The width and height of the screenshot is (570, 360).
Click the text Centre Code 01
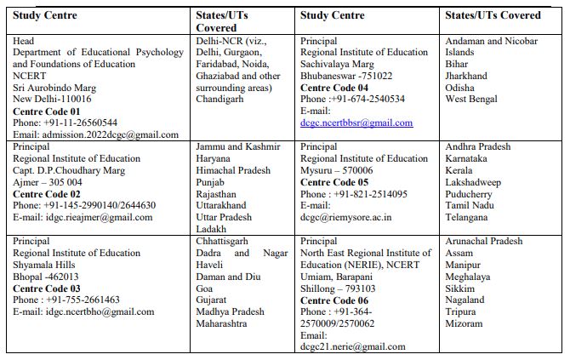click(x=47, y=111)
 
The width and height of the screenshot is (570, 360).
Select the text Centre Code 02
click(x=47, y=194)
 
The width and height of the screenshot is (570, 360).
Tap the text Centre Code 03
click(x=47, y=289)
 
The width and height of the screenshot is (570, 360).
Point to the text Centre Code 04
click(x=334, y=88)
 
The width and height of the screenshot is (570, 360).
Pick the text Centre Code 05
click(x=334, y=182)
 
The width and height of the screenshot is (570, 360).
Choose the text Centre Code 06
click(x=334, y=300)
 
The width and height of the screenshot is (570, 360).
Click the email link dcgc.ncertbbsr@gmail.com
click(x=356, y=123)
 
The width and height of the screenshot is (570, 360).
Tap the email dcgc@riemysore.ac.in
click(x=345, y=217)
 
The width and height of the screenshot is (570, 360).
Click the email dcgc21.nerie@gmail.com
click(x=353, y=347)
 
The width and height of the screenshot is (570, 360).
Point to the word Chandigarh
click(x=219, y=100)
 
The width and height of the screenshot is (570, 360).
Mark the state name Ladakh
click(x=211, y=229)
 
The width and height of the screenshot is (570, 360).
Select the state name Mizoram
click(x=465, y=323)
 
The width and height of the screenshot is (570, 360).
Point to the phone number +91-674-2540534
click(x=368, y=100)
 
